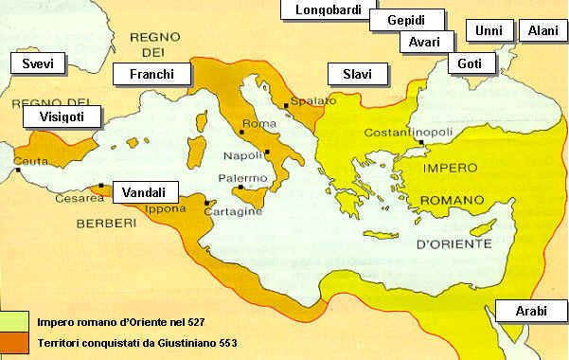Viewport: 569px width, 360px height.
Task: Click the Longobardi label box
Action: (x=323, y=10)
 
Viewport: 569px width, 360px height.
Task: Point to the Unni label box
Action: (x=489, y=31)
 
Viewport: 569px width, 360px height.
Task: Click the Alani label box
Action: (x=544, y=31)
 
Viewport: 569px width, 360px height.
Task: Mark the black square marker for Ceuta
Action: (x=18, y=171)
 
